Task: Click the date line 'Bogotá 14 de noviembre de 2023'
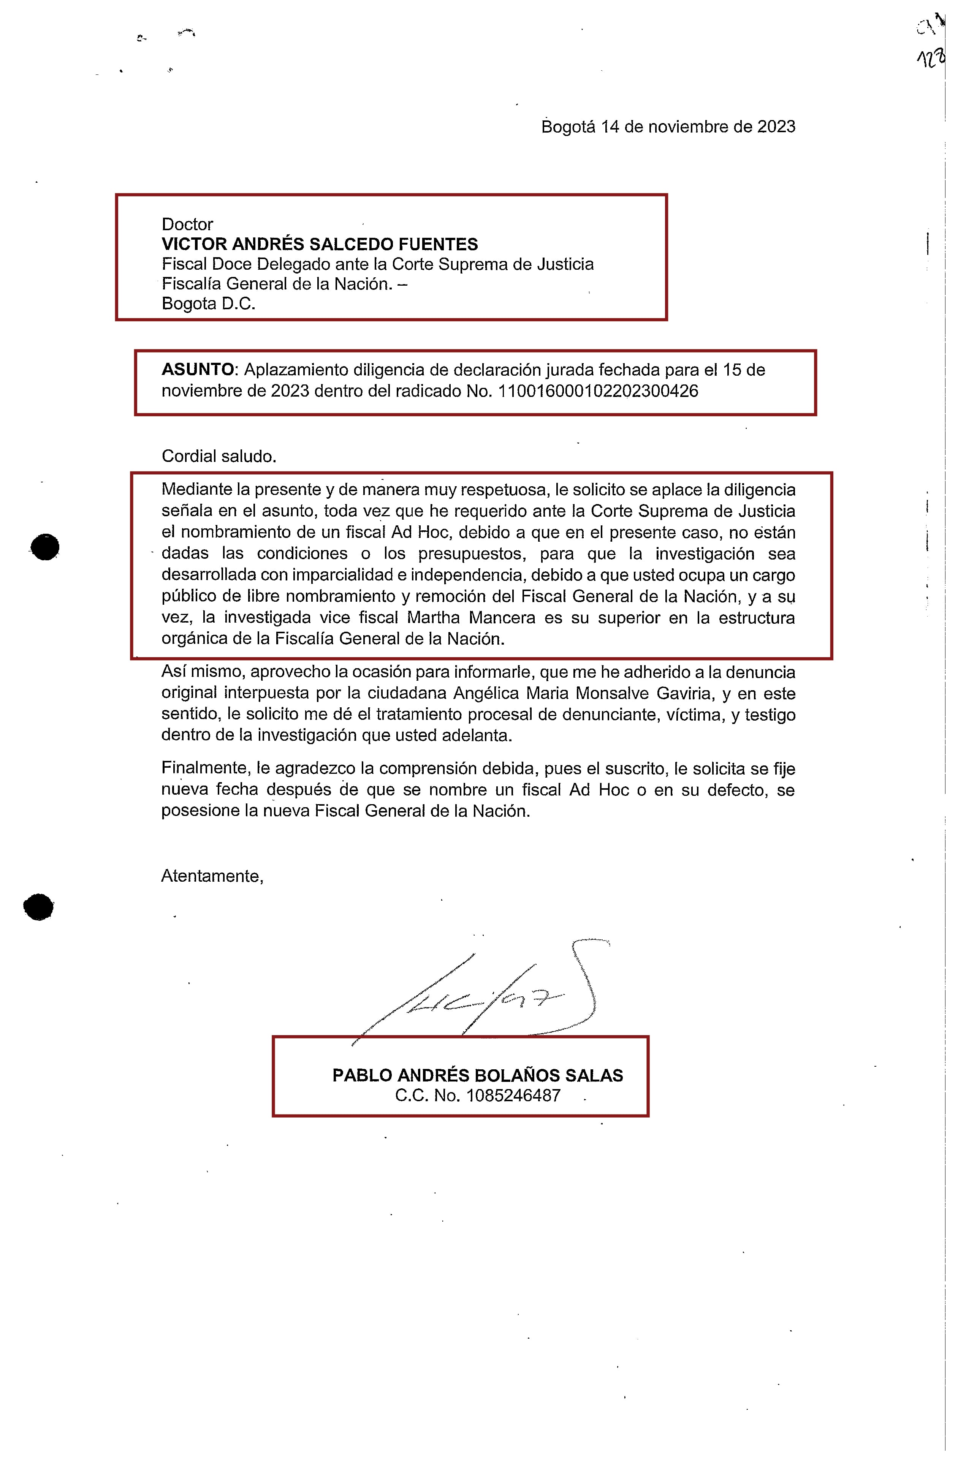[x=668, y=127]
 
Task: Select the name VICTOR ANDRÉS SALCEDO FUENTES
[x=319, y=244]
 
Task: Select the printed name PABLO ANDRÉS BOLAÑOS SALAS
[x=477, y=1075]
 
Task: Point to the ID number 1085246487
[x=513, y=1096]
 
